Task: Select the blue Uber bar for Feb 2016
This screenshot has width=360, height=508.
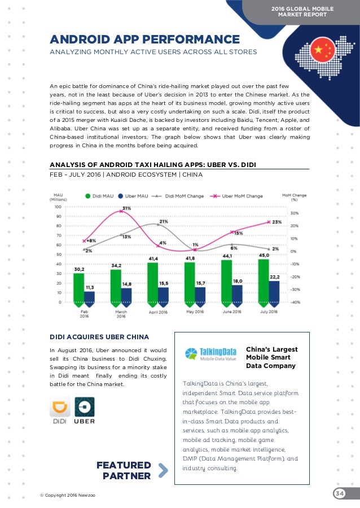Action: coord(89,296)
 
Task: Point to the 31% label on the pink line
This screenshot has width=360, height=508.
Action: coord(126,208)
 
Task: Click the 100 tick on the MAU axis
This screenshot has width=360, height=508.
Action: coord(58,207)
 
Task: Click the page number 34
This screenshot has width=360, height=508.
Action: coord(340,494)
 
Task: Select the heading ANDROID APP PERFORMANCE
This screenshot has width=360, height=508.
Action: coord(145,40)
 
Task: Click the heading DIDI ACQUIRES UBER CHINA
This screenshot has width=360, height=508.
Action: coord(99,337)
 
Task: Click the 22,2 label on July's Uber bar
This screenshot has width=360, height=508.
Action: coord(275,277)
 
